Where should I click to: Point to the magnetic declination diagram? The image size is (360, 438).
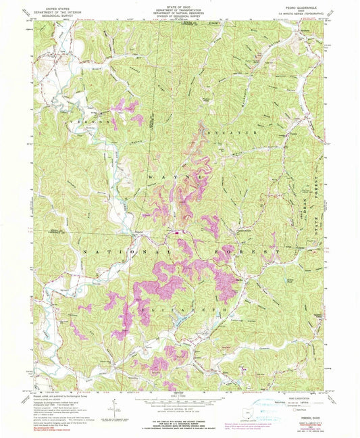coord(115,408)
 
